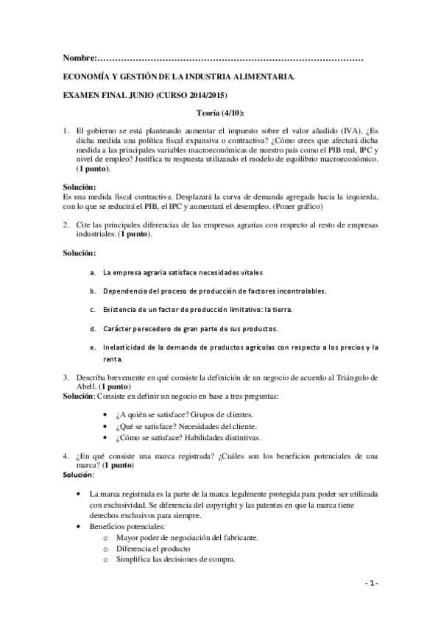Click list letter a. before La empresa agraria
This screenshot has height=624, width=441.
coord(92,272)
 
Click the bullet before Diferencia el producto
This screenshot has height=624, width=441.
coord(108,549)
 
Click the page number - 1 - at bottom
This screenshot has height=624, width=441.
coord(371,584)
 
